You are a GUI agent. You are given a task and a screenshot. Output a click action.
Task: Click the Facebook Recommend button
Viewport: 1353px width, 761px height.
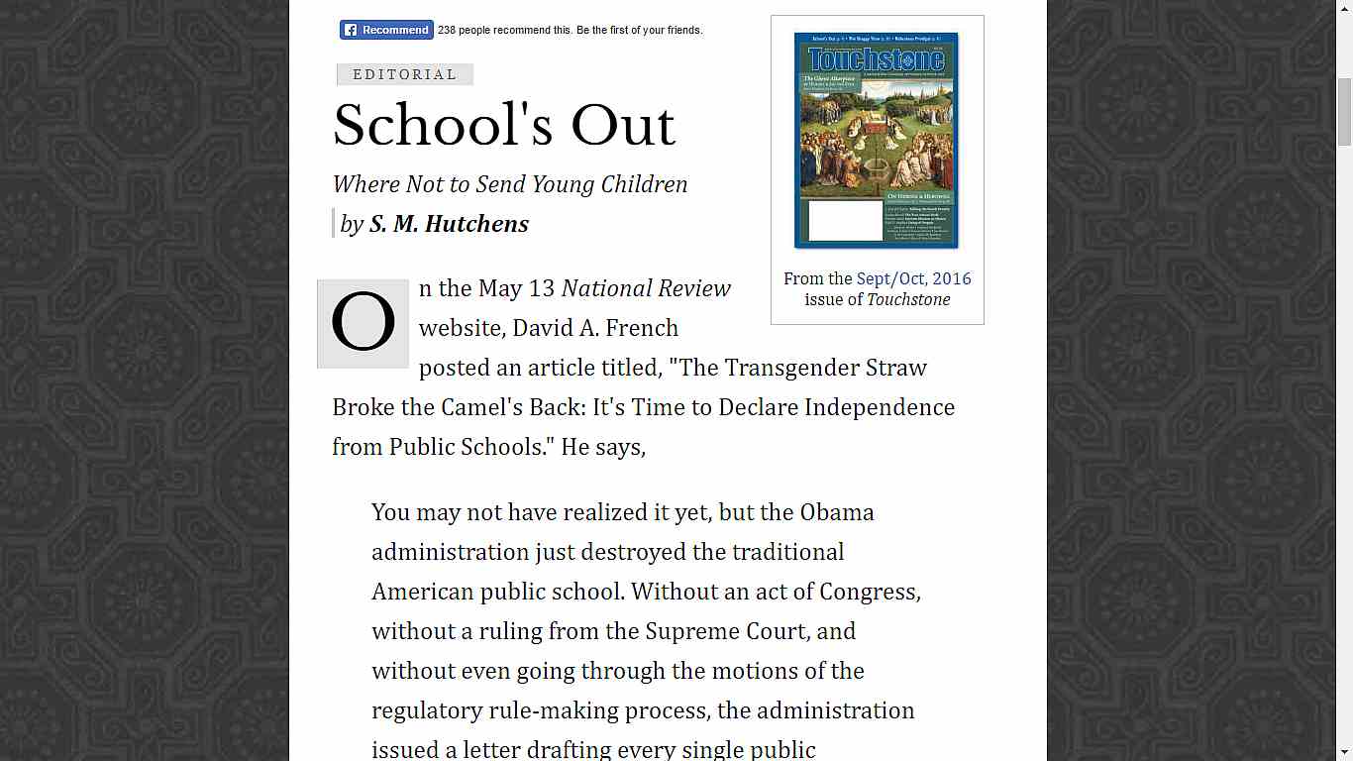point(386,30)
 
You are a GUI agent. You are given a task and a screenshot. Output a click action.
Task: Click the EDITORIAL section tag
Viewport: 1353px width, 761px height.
point(404,74)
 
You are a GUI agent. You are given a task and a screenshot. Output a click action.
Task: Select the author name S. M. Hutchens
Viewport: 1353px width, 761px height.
point(449,224)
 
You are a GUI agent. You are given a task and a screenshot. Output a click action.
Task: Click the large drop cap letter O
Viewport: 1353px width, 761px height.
point(363,323)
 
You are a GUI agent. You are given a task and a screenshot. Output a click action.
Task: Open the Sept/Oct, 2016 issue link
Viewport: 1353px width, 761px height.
point(913,278)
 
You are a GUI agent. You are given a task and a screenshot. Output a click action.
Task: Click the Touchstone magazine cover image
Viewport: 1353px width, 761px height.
point(877,140)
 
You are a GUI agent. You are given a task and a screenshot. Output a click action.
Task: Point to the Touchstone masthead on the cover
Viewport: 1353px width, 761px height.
point(877,59)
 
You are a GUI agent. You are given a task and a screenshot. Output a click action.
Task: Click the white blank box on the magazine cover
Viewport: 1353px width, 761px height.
point(845,220)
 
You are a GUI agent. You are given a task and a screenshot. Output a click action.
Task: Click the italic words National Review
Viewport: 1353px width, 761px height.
point(646,288)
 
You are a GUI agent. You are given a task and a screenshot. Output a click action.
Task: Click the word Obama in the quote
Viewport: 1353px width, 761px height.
point(836,512)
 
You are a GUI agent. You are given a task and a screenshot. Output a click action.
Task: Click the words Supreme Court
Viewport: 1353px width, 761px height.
point(750,631)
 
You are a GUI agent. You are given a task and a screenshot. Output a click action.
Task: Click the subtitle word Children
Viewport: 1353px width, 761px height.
point(644,184)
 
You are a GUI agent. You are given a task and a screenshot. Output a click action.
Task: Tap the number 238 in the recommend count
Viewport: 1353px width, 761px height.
point(447,30)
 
